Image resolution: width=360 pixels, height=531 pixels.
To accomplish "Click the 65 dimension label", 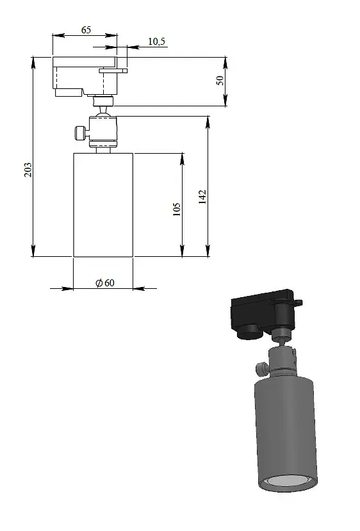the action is pos(86,30).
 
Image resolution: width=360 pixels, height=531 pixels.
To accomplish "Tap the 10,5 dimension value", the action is pos(156,42).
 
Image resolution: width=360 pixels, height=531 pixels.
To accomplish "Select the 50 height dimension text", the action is pos(220,80).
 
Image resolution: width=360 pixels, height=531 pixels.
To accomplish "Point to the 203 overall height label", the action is pos(28,170).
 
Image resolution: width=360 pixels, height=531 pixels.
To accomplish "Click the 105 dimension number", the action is pos(176,209).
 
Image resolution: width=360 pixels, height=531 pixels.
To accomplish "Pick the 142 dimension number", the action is pos(202,197).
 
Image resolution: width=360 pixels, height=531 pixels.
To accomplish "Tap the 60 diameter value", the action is pos(110,282).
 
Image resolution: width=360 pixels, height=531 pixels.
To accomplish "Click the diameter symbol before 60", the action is pos(99,282).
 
